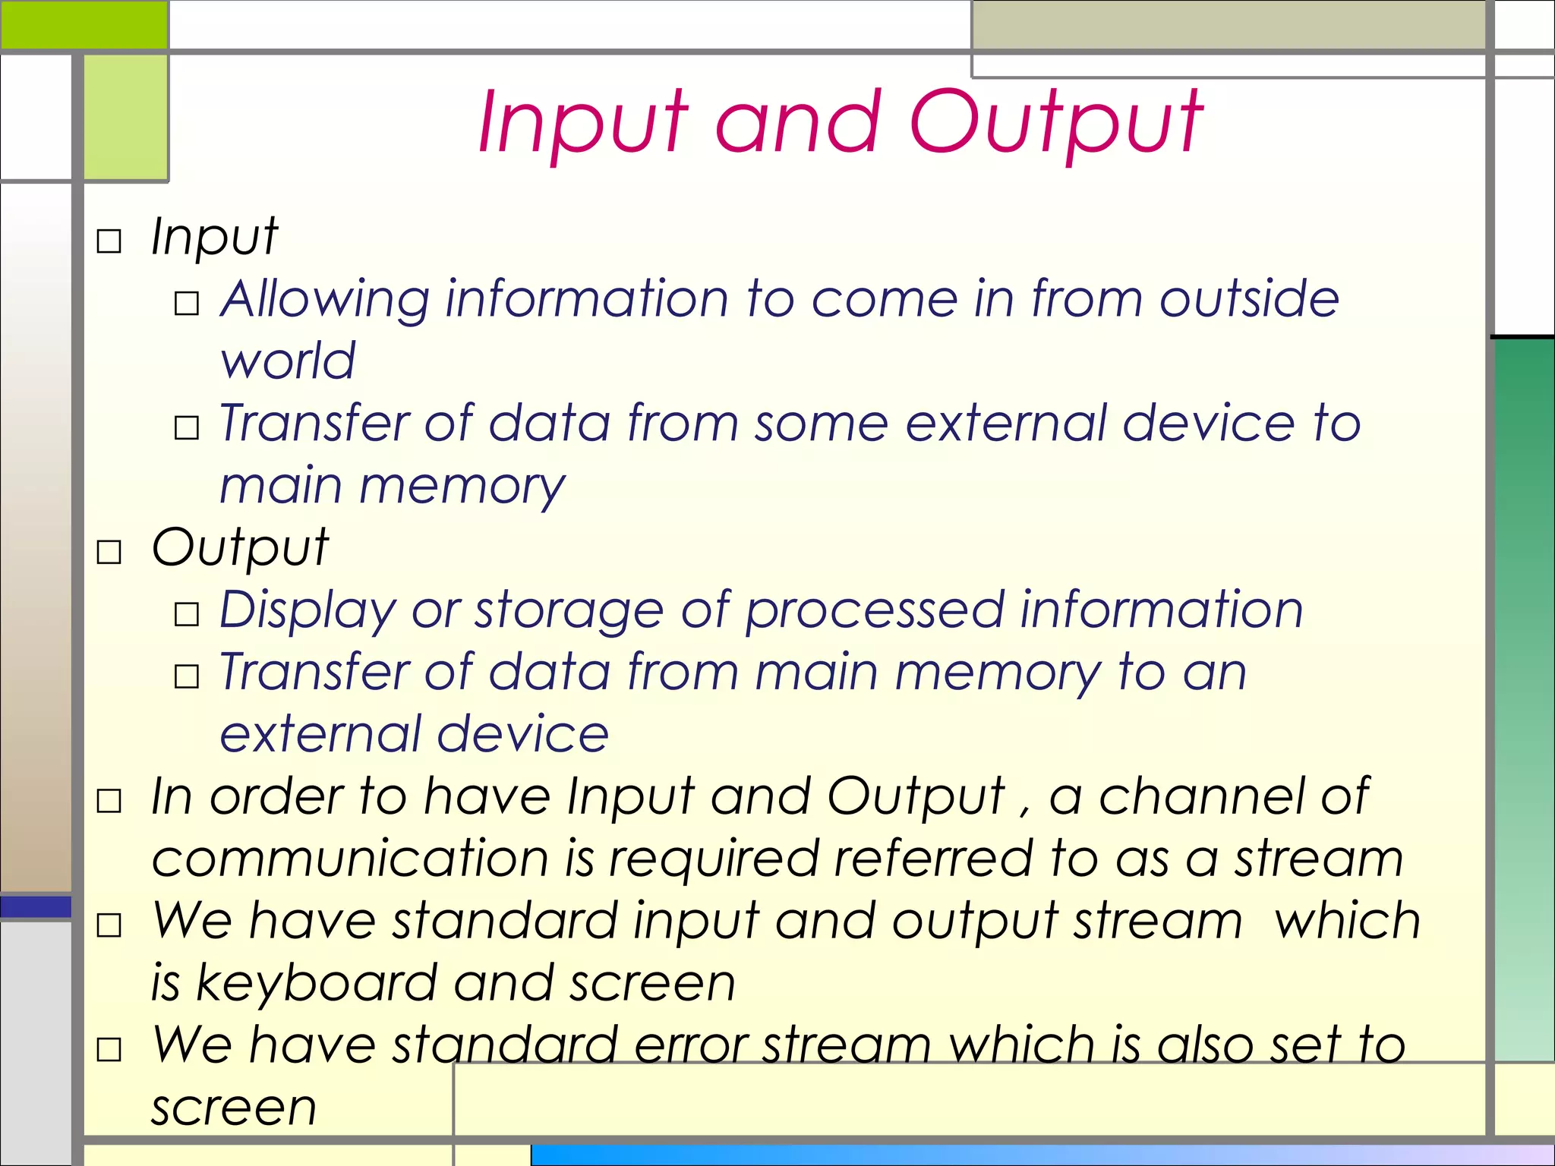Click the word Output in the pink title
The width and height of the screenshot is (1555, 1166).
pos(1055,121)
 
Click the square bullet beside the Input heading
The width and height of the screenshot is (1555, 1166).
pos(109,241)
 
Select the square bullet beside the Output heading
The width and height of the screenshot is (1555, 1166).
pos(109,552)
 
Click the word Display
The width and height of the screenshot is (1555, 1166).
pos(308,611)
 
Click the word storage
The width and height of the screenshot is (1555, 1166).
pos(569,611)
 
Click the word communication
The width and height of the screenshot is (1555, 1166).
pos(350,859)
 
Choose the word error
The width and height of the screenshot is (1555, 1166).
pos(691,1045)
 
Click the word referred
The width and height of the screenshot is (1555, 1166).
pos(934,859)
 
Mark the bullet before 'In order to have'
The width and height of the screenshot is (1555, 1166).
pos(109,801)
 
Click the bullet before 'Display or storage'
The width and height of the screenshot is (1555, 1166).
pos(187,614)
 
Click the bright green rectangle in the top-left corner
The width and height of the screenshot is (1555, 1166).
pos(84,24)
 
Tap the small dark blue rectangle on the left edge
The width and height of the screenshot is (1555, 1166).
pos(36,906)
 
